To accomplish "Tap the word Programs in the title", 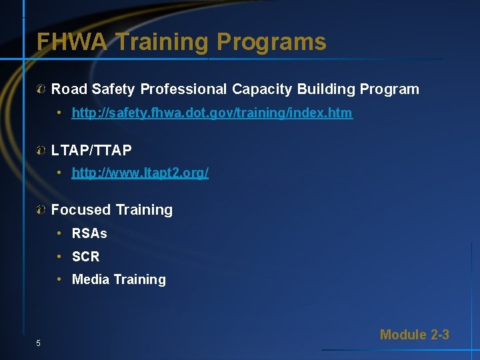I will [x=271, y=42].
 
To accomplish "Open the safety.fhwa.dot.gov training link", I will [x=212, y=113].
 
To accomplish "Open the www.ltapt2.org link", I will [x=140, y=173].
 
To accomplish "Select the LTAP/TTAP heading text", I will [x=91, y=150].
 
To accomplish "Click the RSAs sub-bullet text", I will [x=89, y=234].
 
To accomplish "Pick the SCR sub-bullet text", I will [x=85, y=257].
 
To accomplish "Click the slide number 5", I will [x=39, y=343].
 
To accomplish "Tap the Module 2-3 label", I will [x=414, y=335].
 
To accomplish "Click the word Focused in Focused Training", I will [x=81, y=210].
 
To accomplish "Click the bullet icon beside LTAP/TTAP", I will [x=41, y=151].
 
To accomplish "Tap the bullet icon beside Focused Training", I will [x=41, y=211].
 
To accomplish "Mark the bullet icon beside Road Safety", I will [x=41, y=89].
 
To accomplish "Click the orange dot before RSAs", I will [x=60, y=233].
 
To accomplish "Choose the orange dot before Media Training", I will [x=60, y=279].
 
